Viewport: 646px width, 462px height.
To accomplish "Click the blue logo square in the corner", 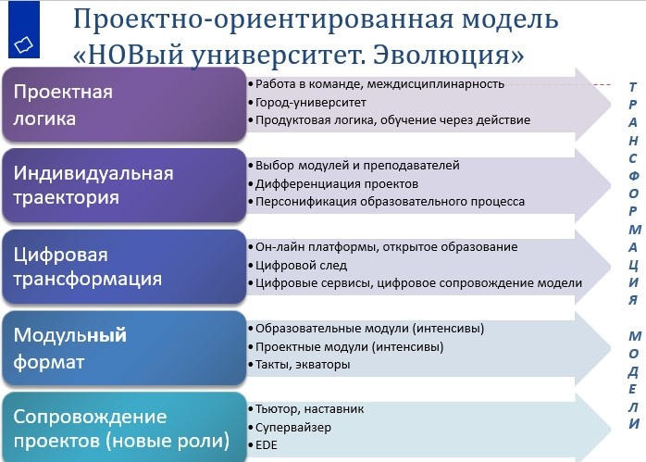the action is [24, 30].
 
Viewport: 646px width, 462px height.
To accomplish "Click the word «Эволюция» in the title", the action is [448, 55].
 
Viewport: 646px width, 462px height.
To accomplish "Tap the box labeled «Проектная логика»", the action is [124, 105].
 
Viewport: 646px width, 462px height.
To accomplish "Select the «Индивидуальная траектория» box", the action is [124, 185].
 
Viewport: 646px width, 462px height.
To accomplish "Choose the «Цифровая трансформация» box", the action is [124, 267].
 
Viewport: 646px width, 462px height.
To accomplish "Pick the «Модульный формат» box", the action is [124, 348].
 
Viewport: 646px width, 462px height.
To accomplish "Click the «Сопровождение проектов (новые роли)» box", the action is [124, 428].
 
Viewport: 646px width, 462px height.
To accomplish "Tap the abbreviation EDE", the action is [267, 445].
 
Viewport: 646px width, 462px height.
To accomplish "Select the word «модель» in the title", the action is [510, 19].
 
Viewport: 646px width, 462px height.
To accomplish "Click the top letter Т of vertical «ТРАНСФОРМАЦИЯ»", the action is [633, 87].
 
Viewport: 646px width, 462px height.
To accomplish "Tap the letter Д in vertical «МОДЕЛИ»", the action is [633, 372].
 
